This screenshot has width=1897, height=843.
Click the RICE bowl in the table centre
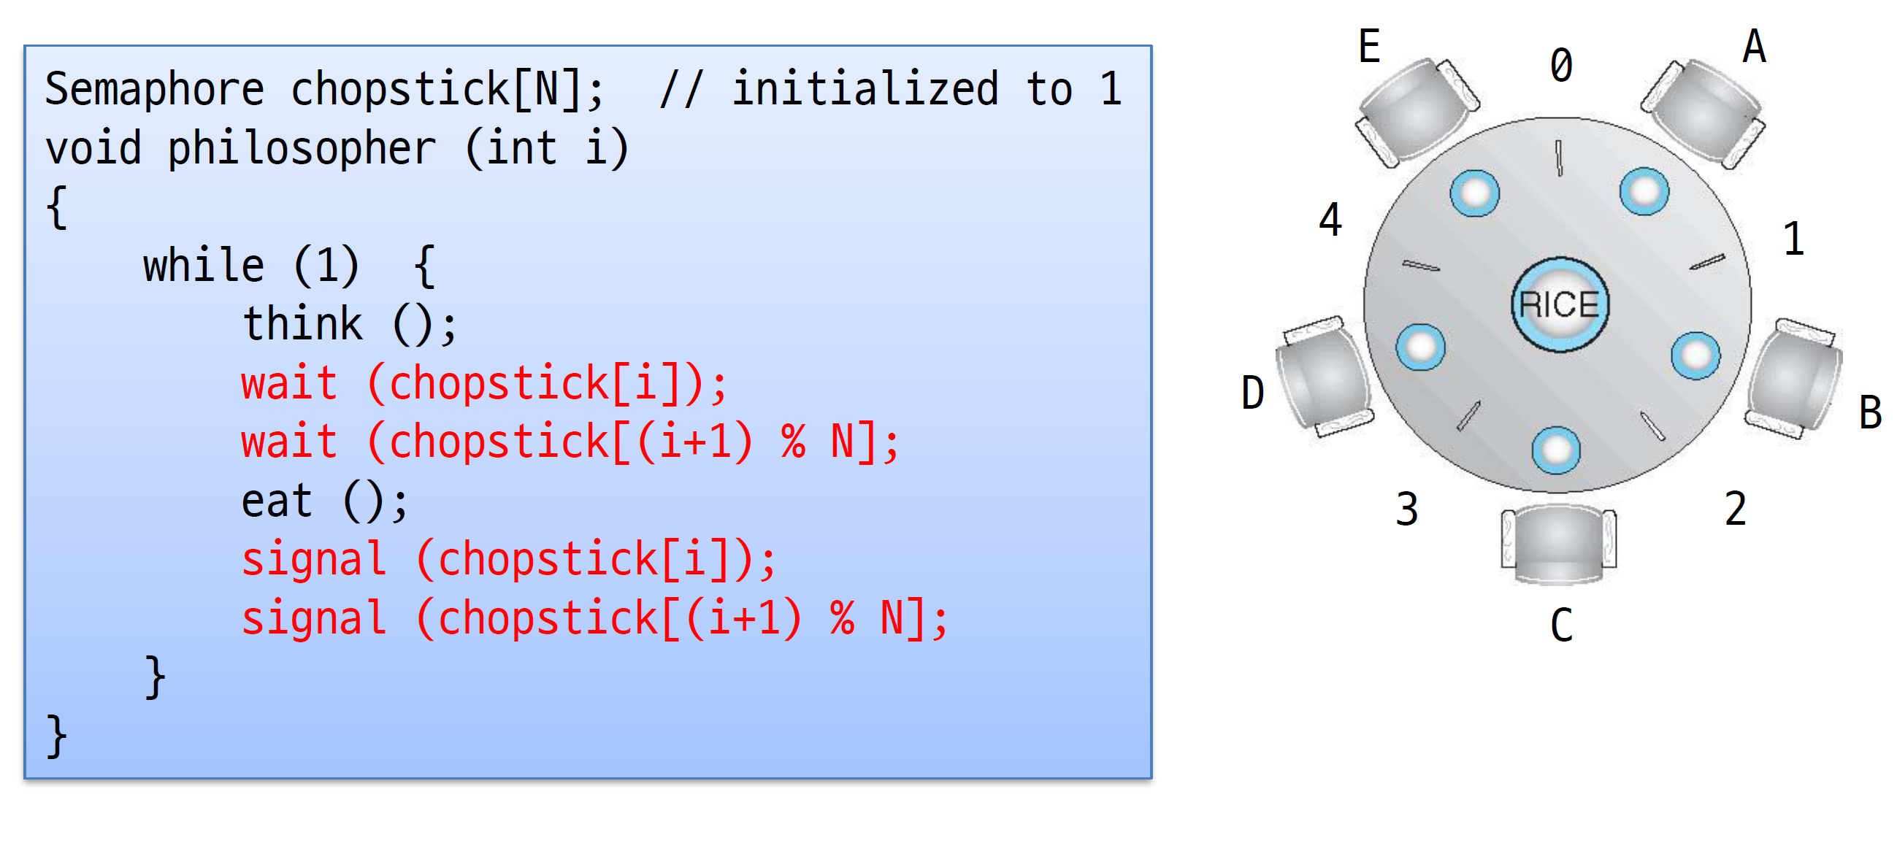tap(1560, 304)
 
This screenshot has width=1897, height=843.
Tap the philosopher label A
tap(1754, 47)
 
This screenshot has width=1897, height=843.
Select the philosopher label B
tap(1871, 412)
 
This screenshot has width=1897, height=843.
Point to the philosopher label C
tap(1561, 625)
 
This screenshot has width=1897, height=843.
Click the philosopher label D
tap(1253, 393)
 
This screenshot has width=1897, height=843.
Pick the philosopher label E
tap(1369, 47)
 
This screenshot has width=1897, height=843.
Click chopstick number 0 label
tap(1561, 65)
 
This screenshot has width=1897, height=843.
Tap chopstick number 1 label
tap(1794, 239)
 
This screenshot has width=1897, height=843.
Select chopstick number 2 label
tap(1736, 509)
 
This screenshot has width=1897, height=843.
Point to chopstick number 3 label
tap(1407, 509)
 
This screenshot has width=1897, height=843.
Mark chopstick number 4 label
tap(1330, 220)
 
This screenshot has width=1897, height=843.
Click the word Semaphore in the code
tap(154, 90)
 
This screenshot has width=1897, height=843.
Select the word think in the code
tap(303, 324)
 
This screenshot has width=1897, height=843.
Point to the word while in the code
tap(203, 266)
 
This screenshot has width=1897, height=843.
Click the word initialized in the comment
tap(865, 90)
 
